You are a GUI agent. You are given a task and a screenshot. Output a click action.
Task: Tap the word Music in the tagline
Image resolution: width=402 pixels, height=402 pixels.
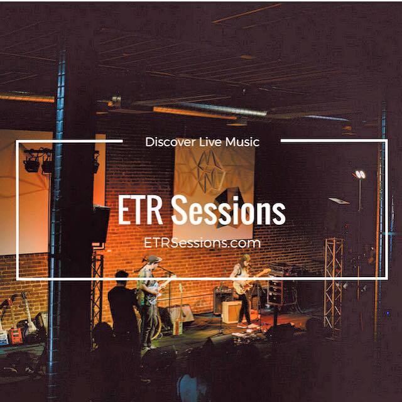[242, 142]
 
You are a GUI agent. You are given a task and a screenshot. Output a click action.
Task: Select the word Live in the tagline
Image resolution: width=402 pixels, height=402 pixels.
[210, 142]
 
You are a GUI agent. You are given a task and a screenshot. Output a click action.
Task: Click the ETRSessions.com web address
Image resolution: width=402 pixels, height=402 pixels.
[202, 242]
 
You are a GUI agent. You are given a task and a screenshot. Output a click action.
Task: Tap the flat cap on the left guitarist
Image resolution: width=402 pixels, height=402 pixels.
[155, 259]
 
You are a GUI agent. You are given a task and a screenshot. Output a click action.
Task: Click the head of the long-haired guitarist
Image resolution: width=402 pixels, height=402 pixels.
[245, 259]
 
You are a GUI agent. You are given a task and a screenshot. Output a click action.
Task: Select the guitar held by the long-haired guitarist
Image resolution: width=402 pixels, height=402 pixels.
[250, 283]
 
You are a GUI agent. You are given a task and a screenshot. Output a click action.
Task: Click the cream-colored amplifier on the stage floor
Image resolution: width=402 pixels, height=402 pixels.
[232, 312]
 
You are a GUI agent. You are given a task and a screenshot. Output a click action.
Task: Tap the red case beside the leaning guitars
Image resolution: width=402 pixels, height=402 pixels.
[15, 336]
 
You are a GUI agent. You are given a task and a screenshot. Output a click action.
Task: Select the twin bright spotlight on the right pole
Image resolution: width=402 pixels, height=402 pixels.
[361, 175]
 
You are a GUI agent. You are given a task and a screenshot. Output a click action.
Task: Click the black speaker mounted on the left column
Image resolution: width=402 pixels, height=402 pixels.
[101, 224]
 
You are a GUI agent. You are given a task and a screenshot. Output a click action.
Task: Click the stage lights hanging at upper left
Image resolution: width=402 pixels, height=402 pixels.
[38, 161]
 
